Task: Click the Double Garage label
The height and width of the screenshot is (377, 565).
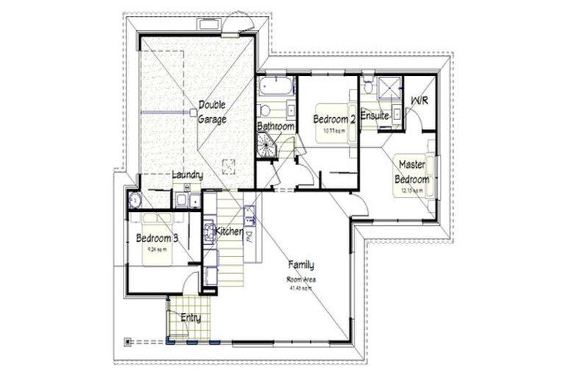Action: pos(212,112)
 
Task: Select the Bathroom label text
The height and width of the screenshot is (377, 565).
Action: pos(275,127)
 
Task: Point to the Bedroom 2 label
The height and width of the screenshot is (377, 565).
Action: pos(335,119)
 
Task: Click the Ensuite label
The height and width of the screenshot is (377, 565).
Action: pos(374,116)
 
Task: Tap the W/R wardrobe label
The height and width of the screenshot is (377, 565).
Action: pos(419,100)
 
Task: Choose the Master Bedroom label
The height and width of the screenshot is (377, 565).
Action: pos(412,172)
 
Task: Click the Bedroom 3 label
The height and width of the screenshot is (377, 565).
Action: pos(157,239)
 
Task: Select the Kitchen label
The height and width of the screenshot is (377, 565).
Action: pos(229,232)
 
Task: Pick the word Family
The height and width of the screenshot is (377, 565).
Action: pos(301,265)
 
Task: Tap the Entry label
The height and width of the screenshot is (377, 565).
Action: pos(191,318)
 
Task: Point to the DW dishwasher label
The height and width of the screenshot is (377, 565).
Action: pos(249,236)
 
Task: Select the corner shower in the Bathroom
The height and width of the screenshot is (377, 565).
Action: pos(266,147)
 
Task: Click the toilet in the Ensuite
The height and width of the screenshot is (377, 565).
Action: pos(367,85)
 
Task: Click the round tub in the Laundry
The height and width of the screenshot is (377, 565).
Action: pos(135,200)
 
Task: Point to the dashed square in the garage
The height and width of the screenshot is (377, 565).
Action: pos(228,165)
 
